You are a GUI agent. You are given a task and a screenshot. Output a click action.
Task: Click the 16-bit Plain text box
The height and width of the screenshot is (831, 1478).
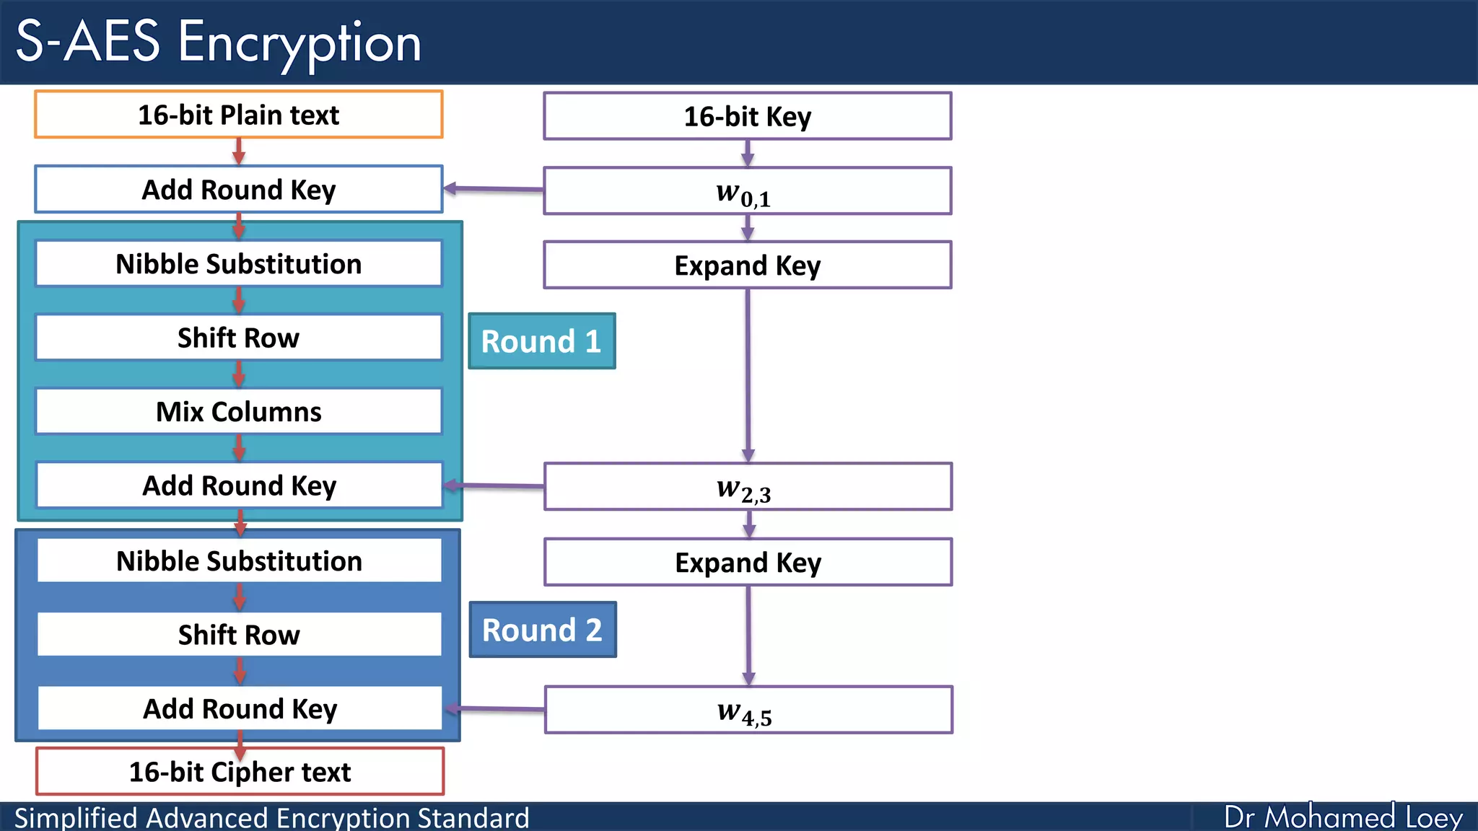click(238, 115)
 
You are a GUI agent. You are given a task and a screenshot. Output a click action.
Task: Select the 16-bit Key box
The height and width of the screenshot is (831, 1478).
click(747, 116)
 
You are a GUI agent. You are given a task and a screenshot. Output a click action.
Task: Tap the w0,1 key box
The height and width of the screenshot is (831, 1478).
click(747, 191)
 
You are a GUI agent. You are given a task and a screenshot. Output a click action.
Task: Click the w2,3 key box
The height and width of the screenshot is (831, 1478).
click(748, 487)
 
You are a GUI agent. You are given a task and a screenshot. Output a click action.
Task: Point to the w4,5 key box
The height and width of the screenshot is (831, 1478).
click(748, 710)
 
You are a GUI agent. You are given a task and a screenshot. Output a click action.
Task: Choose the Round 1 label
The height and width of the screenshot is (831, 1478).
click(541, 341)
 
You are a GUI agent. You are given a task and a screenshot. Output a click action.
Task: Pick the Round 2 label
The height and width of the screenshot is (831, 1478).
click(542, 630)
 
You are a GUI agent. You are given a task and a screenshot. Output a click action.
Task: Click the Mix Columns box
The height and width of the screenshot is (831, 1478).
click(238, 411)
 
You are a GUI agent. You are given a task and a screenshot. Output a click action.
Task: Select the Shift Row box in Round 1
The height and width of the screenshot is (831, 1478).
click(238, 338)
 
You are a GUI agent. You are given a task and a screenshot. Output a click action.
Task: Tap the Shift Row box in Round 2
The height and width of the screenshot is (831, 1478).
click(239, 634)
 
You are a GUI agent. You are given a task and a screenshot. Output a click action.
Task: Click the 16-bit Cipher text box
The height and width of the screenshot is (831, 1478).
click(240, 771)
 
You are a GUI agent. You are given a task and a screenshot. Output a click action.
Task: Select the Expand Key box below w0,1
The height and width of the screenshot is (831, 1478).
click(747, 265)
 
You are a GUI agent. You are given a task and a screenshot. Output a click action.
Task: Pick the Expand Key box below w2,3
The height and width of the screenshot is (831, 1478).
click(748, 562)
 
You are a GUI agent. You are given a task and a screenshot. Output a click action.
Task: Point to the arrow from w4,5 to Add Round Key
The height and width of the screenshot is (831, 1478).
click(495, 709)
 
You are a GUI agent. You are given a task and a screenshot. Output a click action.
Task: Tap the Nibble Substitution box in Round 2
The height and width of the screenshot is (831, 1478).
click(239, 560)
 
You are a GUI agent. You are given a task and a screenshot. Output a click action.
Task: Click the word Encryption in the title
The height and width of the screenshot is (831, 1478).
click(299, 42)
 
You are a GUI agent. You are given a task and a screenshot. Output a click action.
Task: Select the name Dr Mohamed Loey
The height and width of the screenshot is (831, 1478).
click(1343, 817)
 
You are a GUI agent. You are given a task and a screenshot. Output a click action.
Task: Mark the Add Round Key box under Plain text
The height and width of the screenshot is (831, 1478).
click(238, 190)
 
